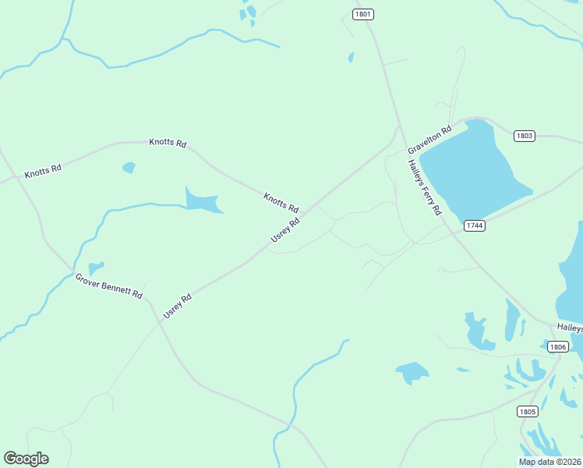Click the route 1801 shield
[x=362, y=14]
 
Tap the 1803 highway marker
[x=525, y=136]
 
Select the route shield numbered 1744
[x=474, y=225]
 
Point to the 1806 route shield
[x=557, y=346]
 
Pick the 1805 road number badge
[x=528, y=411]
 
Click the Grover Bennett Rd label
[x=109, y=286]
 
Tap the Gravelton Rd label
[x=429, y=140]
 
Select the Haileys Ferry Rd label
[x=426, y=188]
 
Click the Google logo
[x=26, y=459]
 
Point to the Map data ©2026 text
[x=550, y=462]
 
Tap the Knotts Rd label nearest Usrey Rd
[x=281, y=203]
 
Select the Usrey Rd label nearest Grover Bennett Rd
[x=178, y=306]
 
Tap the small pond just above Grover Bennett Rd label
[x=96, y=268]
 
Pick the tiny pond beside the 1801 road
[x=352, y=57]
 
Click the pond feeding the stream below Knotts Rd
[x=200, y=200]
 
